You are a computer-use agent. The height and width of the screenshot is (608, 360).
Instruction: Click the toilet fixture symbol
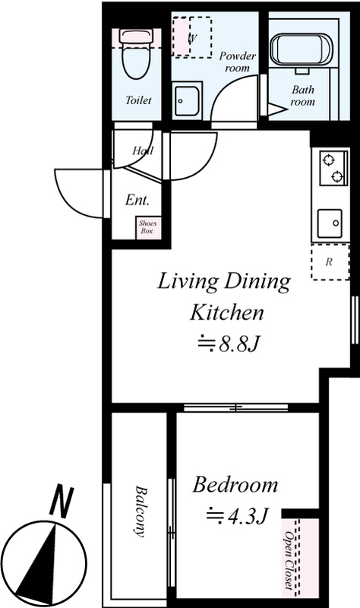137,54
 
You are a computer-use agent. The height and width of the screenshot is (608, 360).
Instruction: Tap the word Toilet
138,100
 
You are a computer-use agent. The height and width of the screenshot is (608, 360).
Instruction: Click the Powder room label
238,62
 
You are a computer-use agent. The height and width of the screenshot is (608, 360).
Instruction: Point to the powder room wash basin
187,101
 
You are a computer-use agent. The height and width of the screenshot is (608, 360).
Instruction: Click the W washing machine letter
192,39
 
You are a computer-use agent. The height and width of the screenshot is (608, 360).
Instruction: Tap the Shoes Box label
147,227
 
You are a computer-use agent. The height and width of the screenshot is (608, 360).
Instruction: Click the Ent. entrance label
137,200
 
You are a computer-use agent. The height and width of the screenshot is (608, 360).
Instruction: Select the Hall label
143,150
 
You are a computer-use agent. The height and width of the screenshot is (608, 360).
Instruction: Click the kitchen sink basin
330,223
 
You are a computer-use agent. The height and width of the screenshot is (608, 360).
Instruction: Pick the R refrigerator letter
329,262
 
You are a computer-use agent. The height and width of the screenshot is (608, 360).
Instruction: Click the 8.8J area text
228,344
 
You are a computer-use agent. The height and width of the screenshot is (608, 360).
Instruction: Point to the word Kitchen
226,312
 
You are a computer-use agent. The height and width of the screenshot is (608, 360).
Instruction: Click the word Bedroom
235,485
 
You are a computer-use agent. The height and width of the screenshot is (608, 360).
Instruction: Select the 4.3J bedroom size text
237,516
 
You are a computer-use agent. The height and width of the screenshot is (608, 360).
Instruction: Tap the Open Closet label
289,559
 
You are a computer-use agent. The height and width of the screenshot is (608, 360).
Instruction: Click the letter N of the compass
62,500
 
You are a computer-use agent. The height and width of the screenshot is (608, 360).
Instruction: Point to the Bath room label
302,96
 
